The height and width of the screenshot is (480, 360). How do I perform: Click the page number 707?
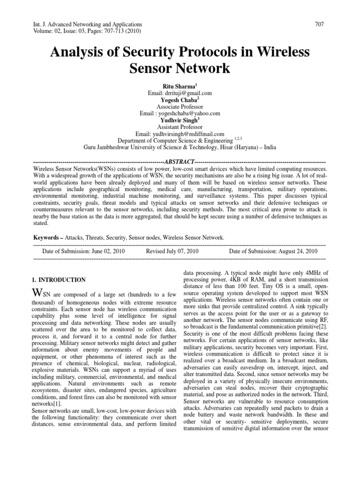coord(321,24)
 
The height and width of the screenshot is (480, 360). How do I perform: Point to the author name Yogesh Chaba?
coord(179,100)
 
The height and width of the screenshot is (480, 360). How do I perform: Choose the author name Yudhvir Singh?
coord(179,120)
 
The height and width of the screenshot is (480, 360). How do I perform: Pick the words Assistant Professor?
coord(180,127)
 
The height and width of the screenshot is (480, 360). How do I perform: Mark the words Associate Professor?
coord(180,107)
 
